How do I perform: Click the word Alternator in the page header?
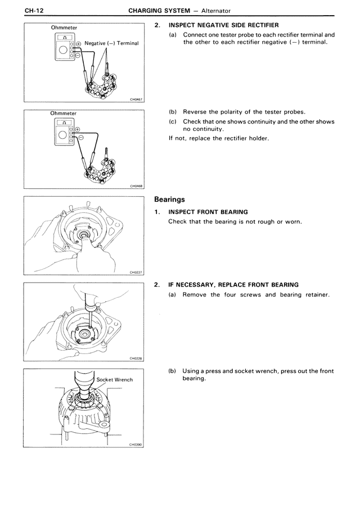coord(213,11)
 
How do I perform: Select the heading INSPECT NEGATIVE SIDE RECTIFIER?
coord(223,26)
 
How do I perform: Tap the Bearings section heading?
coord(169,199)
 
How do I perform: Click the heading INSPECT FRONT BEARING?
coord(208,212)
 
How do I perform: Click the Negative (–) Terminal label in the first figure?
coord(111,43)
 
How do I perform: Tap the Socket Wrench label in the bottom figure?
coord(115,380)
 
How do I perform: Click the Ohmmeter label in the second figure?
coord(63,113)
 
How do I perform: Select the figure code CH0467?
coord(136,100)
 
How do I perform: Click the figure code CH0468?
coord(136,187)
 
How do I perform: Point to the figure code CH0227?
coord(136,272)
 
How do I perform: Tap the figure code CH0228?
coord(136,358)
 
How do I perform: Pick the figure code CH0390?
coord(136,443)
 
